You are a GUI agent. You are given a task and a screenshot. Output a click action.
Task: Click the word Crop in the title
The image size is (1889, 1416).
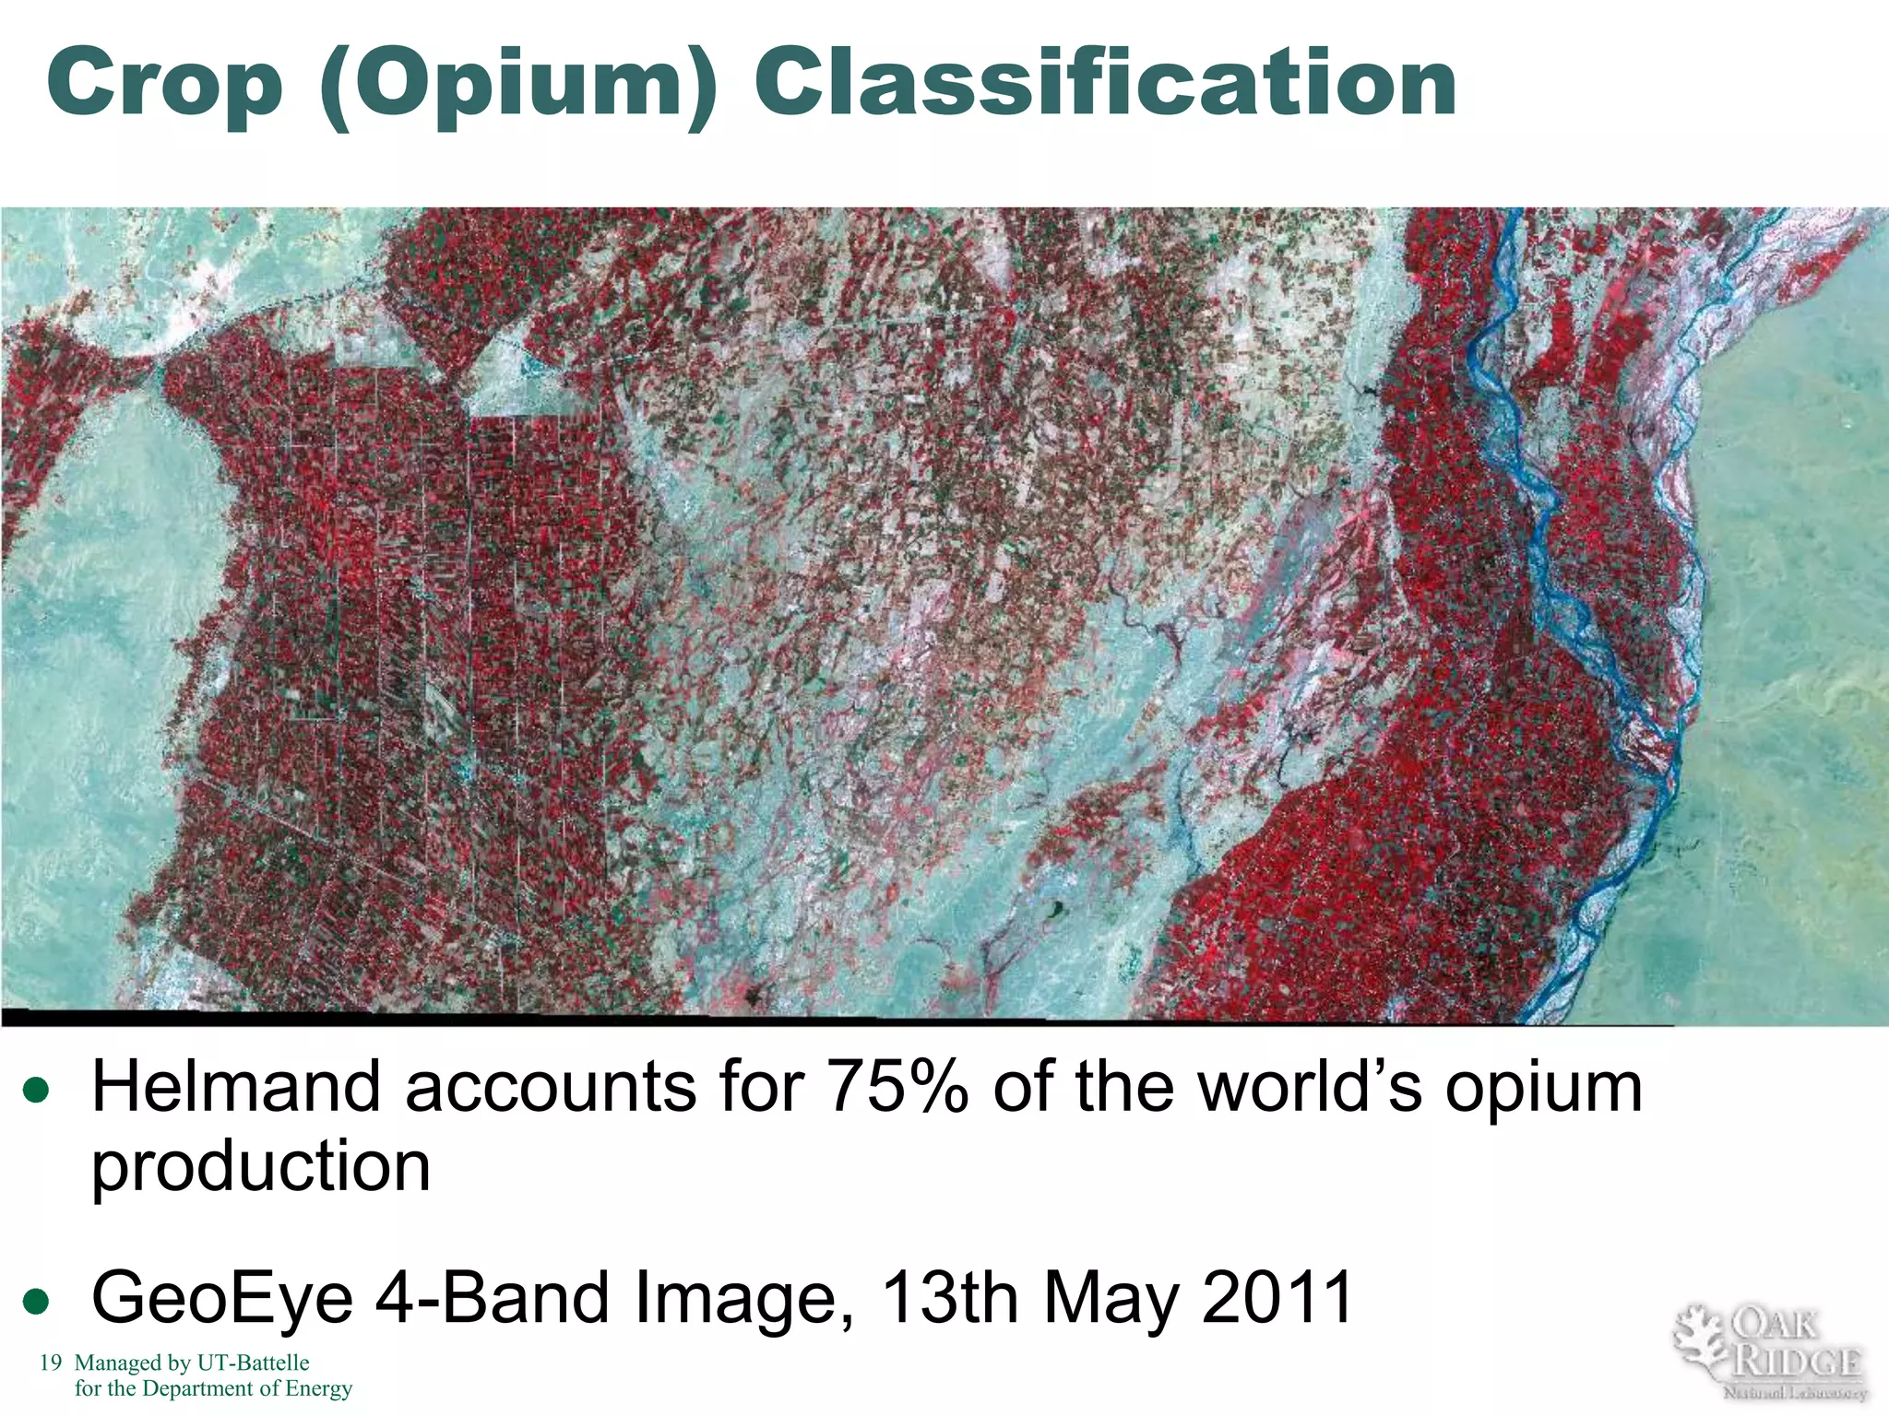[163, 84]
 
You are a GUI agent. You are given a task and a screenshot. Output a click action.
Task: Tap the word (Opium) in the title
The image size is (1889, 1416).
[517, 86]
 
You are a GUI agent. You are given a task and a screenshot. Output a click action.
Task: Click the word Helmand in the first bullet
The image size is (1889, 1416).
[236, 1088]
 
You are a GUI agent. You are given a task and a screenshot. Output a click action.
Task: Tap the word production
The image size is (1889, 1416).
[261, 1166]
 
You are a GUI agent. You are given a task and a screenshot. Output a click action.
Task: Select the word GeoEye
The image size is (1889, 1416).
[222, 1298]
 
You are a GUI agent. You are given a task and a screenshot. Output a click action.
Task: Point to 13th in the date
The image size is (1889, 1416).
[951, 1296]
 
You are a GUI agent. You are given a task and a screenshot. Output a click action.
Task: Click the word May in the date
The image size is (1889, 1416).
[1111, 1298]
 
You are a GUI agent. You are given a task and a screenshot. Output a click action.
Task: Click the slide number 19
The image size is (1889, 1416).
[51, 1363]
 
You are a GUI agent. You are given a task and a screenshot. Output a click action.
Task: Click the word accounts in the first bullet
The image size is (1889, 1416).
[551, 1088]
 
